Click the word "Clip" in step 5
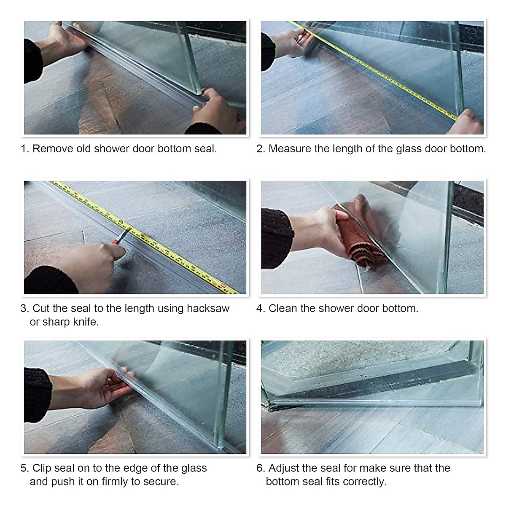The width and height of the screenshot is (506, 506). [x=41, y=468]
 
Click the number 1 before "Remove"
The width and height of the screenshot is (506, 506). [x=24, y=149]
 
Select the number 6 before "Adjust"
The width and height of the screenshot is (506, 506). [x=260, y=468]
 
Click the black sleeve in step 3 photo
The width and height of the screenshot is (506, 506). [x=48, y=280]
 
